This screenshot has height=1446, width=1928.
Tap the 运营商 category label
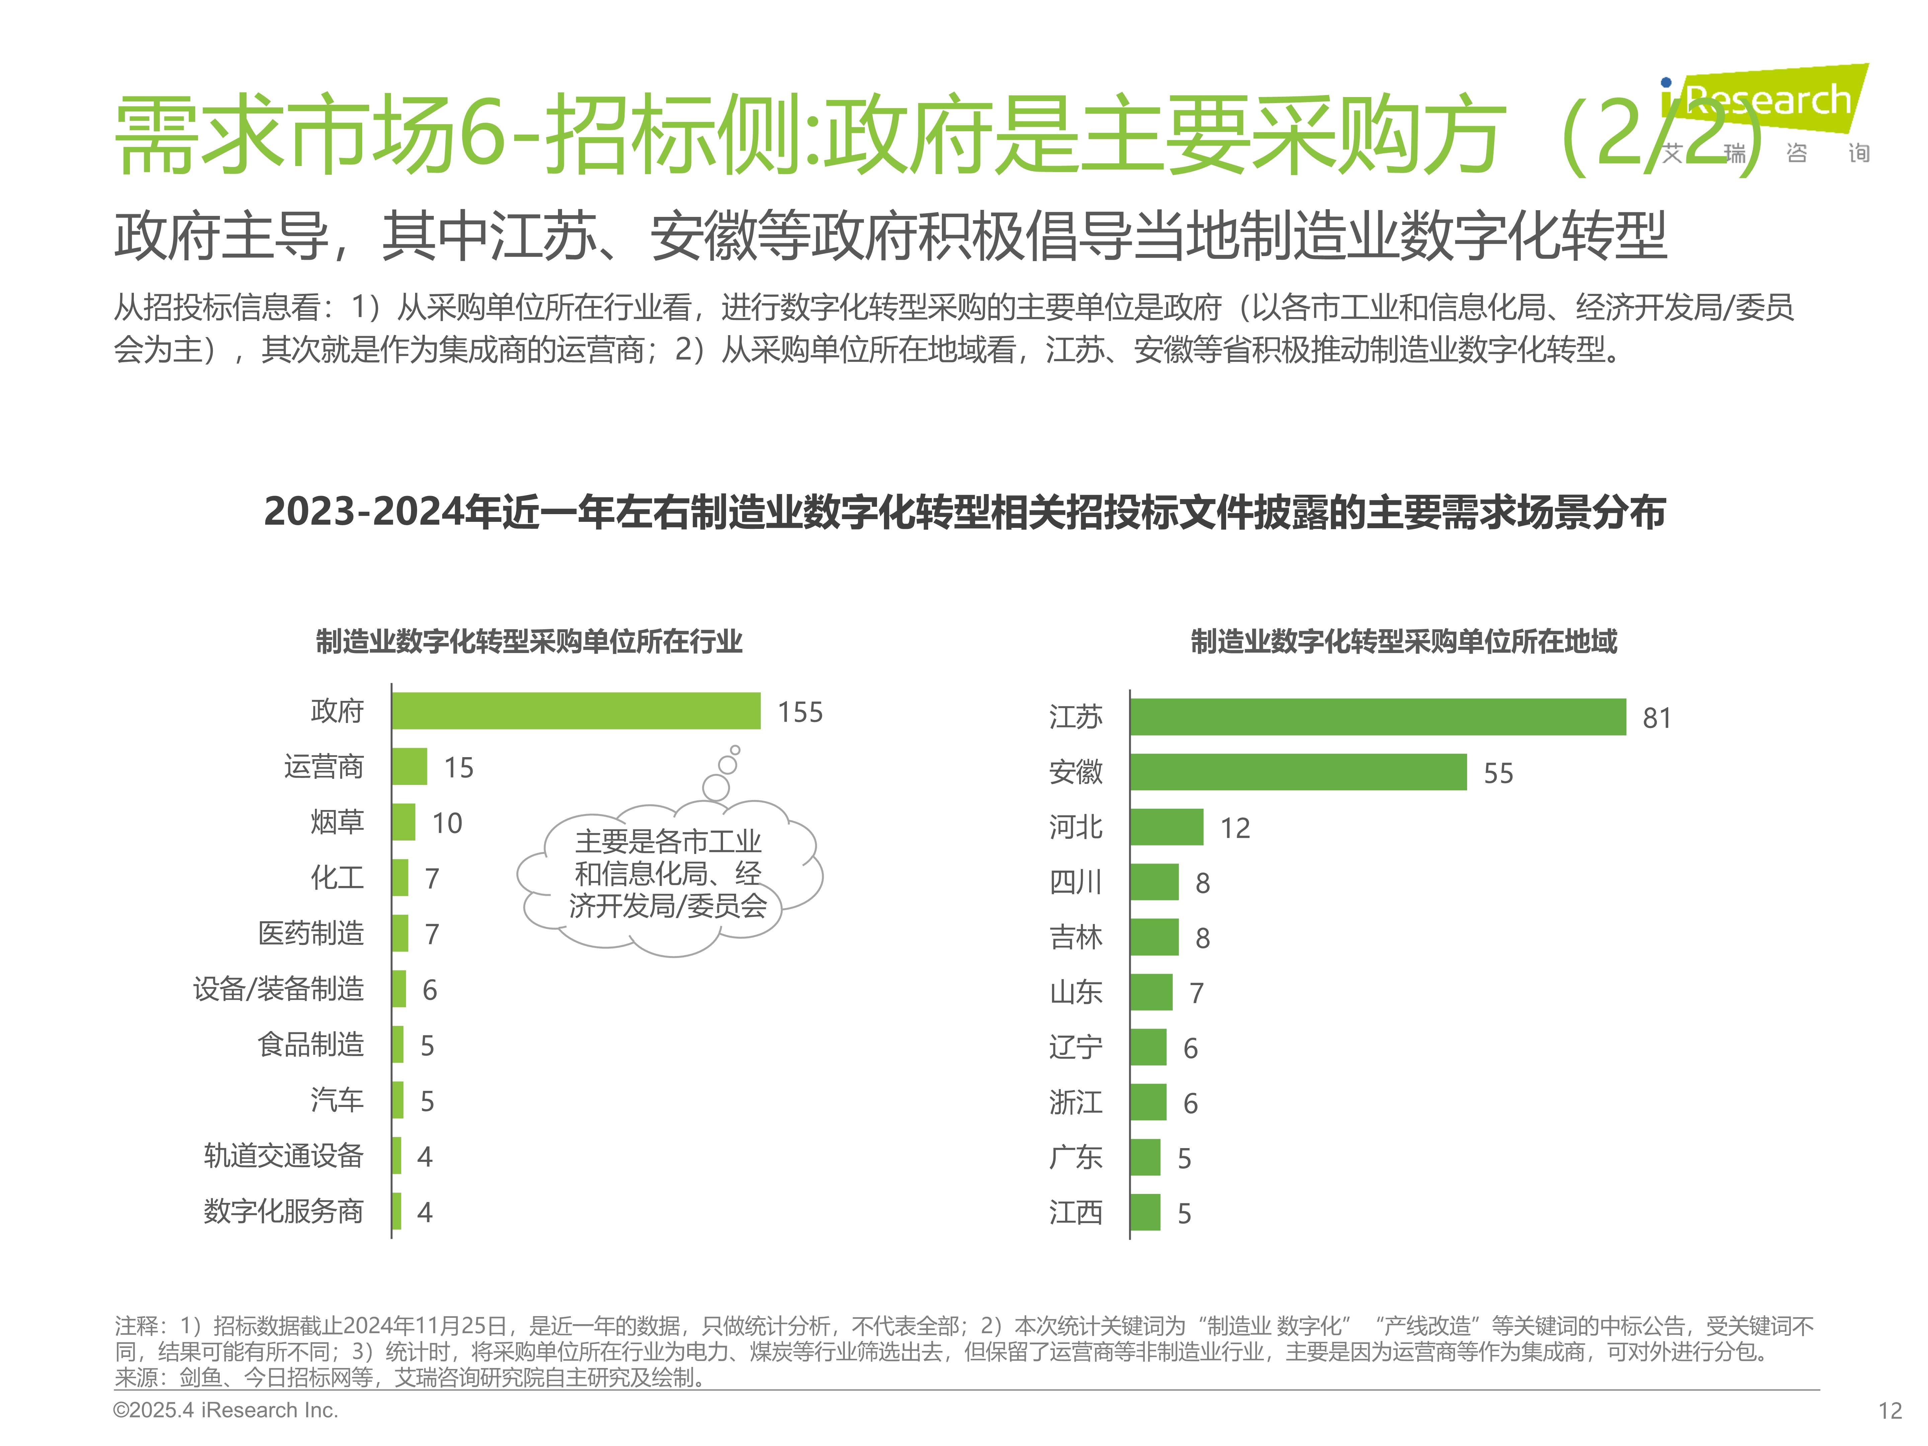point(323,767)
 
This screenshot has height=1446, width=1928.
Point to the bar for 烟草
point(404,822)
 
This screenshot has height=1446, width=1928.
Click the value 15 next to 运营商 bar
point(459,768)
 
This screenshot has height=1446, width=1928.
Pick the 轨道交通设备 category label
point(283,1156)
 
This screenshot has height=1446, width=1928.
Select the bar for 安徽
point(1298,772)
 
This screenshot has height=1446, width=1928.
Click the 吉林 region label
point(1075,938)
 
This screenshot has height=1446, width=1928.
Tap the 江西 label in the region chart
point(1075,1212)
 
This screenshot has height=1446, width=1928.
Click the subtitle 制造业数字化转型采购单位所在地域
point(1403,642)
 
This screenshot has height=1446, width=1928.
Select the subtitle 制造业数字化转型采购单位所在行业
point(529,642)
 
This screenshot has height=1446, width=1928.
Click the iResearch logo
point(1765,113)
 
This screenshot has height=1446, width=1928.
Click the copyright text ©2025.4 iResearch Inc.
point(226,1410)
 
